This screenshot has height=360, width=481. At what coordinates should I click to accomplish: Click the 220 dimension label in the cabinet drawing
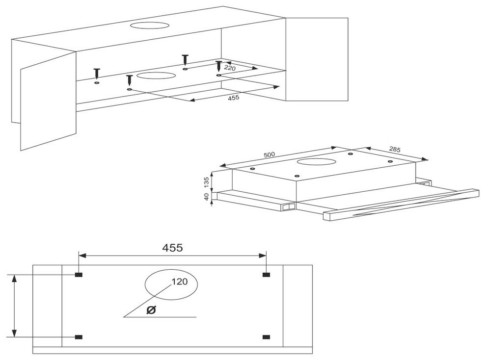pyautogui.click(x=230, y=68)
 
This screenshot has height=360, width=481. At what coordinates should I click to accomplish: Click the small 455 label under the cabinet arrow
pyautogui.click(x=234, y=98)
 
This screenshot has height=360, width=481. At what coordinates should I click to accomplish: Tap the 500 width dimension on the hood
pyautogui.click(x=269, y=155)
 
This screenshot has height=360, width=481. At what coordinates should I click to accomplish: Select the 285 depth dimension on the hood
pyautogui.click(x=395, y=149)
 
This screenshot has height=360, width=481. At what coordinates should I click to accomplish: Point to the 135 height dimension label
pyautogui.click(x=206, y=182)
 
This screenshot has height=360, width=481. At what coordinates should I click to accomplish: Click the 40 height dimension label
pyautogui.click(x=206, y=196)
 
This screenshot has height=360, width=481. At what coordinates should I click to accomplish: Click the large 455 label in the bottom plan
pyautogui.click(x=172, y=248)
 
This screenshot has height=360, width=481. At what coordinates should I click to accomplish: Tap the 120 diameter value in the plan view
pyautogui.click(x=180, y=281)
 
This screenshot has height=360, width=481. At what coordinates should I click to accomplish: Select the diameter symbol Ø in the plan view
pyautogui.click(x=151, y=310)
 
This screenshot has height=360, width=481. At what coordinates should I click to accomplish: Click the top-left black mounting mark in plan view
pyautogui.click(x=79, y=275)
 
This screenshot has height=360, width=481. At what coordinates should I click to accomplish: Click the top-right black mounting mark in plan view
pyautogui.click(x=266, y=275)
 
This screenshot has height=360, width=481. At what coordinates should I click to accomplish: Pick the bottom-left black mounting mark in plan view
pyautogui.click(x=79, y=337)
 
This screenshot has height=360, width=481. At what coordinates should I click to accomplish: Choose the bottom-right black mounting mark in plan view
pyautogui.click(x=266, y=337)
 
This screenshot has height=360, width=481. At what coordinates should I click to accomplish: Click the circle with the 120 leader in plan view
pyautogui.click(x=145, y=284)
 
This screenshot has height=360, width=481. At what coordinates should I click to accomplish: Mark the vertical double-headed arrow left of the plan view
pyautogui.click(x=14, y=306)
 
